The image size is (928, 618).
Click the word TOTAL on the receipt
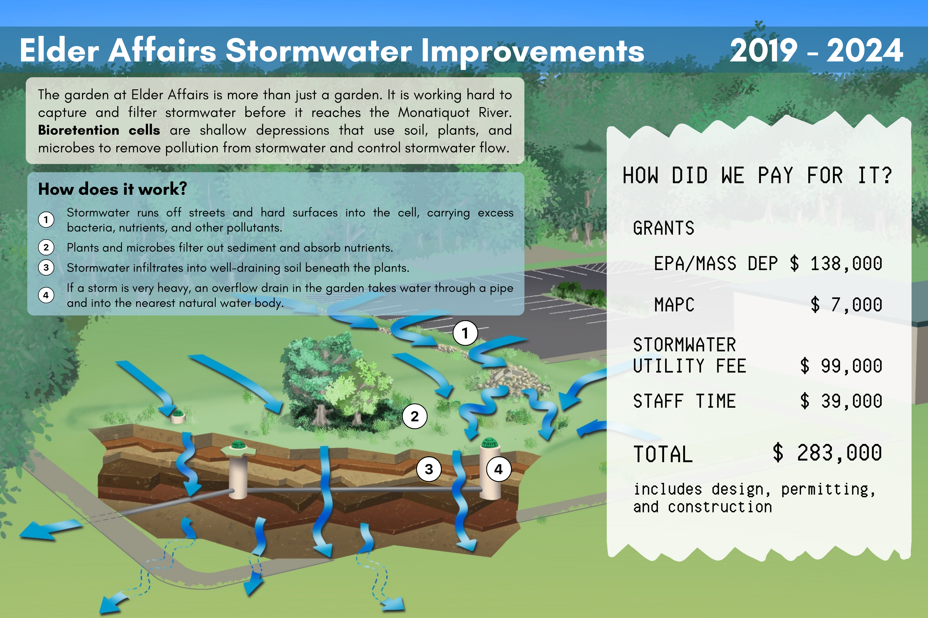[x=663, y=454]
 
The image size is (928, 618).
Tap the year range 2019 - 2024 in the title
[x=816, y=50]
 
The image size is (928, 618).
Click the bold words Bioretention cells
[x=99, y=130]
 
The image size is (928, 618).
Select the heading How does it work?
[x=113, y=189]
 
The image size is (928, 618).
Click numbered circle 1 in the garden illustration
[x=465, y=333]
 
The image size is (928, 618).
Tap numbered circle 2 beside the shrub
[x=414, y=416]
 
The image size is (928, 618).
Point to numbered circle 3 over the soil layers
[x=429, y=469]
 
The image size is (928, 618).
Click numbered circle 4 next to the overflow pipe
[x=499, y=469]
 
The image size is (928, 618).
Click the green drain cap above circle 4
[x=490, y=442]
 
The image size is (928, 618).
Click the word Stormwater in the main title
[x=319, y=50]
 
